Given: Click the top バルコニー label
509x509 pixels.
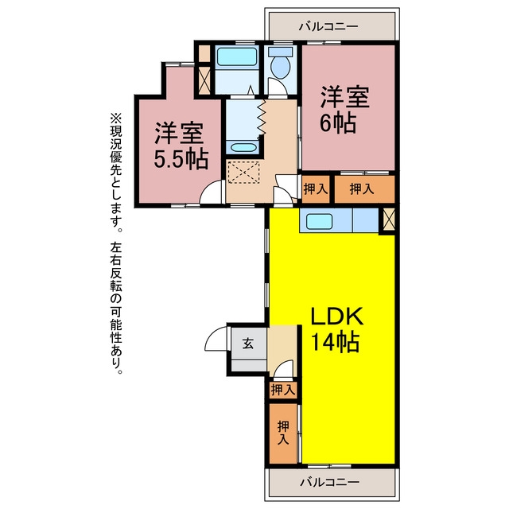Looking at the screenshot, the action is pyautogui.click(x=328, y=26).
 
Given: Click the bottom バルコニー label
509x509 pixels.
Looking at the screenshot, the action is pyautogui.click(x=329, y=482).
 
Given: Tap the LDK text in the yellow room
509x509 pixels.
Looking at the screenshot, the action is pyautogui.click(x=337, y=317).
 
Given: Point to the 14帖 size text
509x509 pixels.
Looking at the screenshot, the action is pyautogui.click(x=336, y=342).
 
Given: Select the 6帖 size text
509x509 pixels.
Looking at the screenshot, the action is pyautogui.click(x=338, y=123).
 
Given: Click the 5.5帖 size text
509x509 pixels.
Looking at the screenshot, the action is pyautogui.click(x=181, y=159).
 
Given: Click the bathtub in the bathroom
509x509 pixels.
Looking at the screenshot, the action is pyautogui.click(x=237, y=56).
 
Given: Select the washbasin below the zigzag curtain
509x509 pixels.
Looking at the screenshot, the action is pyautogui.click(x=243, y=147).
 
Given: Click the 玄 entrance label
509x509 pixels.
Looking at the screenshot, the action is pyautogui.click(x=248, y=344).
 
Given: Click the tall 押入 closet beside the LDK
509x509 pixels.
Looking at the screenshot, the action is pyautogui.click(x=283, y=433).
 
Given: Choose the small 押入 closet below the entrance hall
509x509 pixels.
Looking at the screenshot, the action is pyautogui.click(x=283, y=389).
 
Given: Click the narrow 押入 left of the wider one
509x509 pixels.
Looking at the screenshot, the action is pyautogui.click(x=316, y=189).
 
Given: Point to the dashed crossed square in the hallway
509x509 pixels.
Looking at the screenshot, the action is pyautogui.click(x=244, y=172).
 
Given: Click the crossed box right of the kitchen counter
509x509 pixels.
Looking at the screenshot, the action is pyautogui.click(x=389, y=220).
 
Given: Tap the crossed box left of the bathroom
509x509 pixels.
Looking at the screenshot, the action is pyautogui.click(x=204, y=80).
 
